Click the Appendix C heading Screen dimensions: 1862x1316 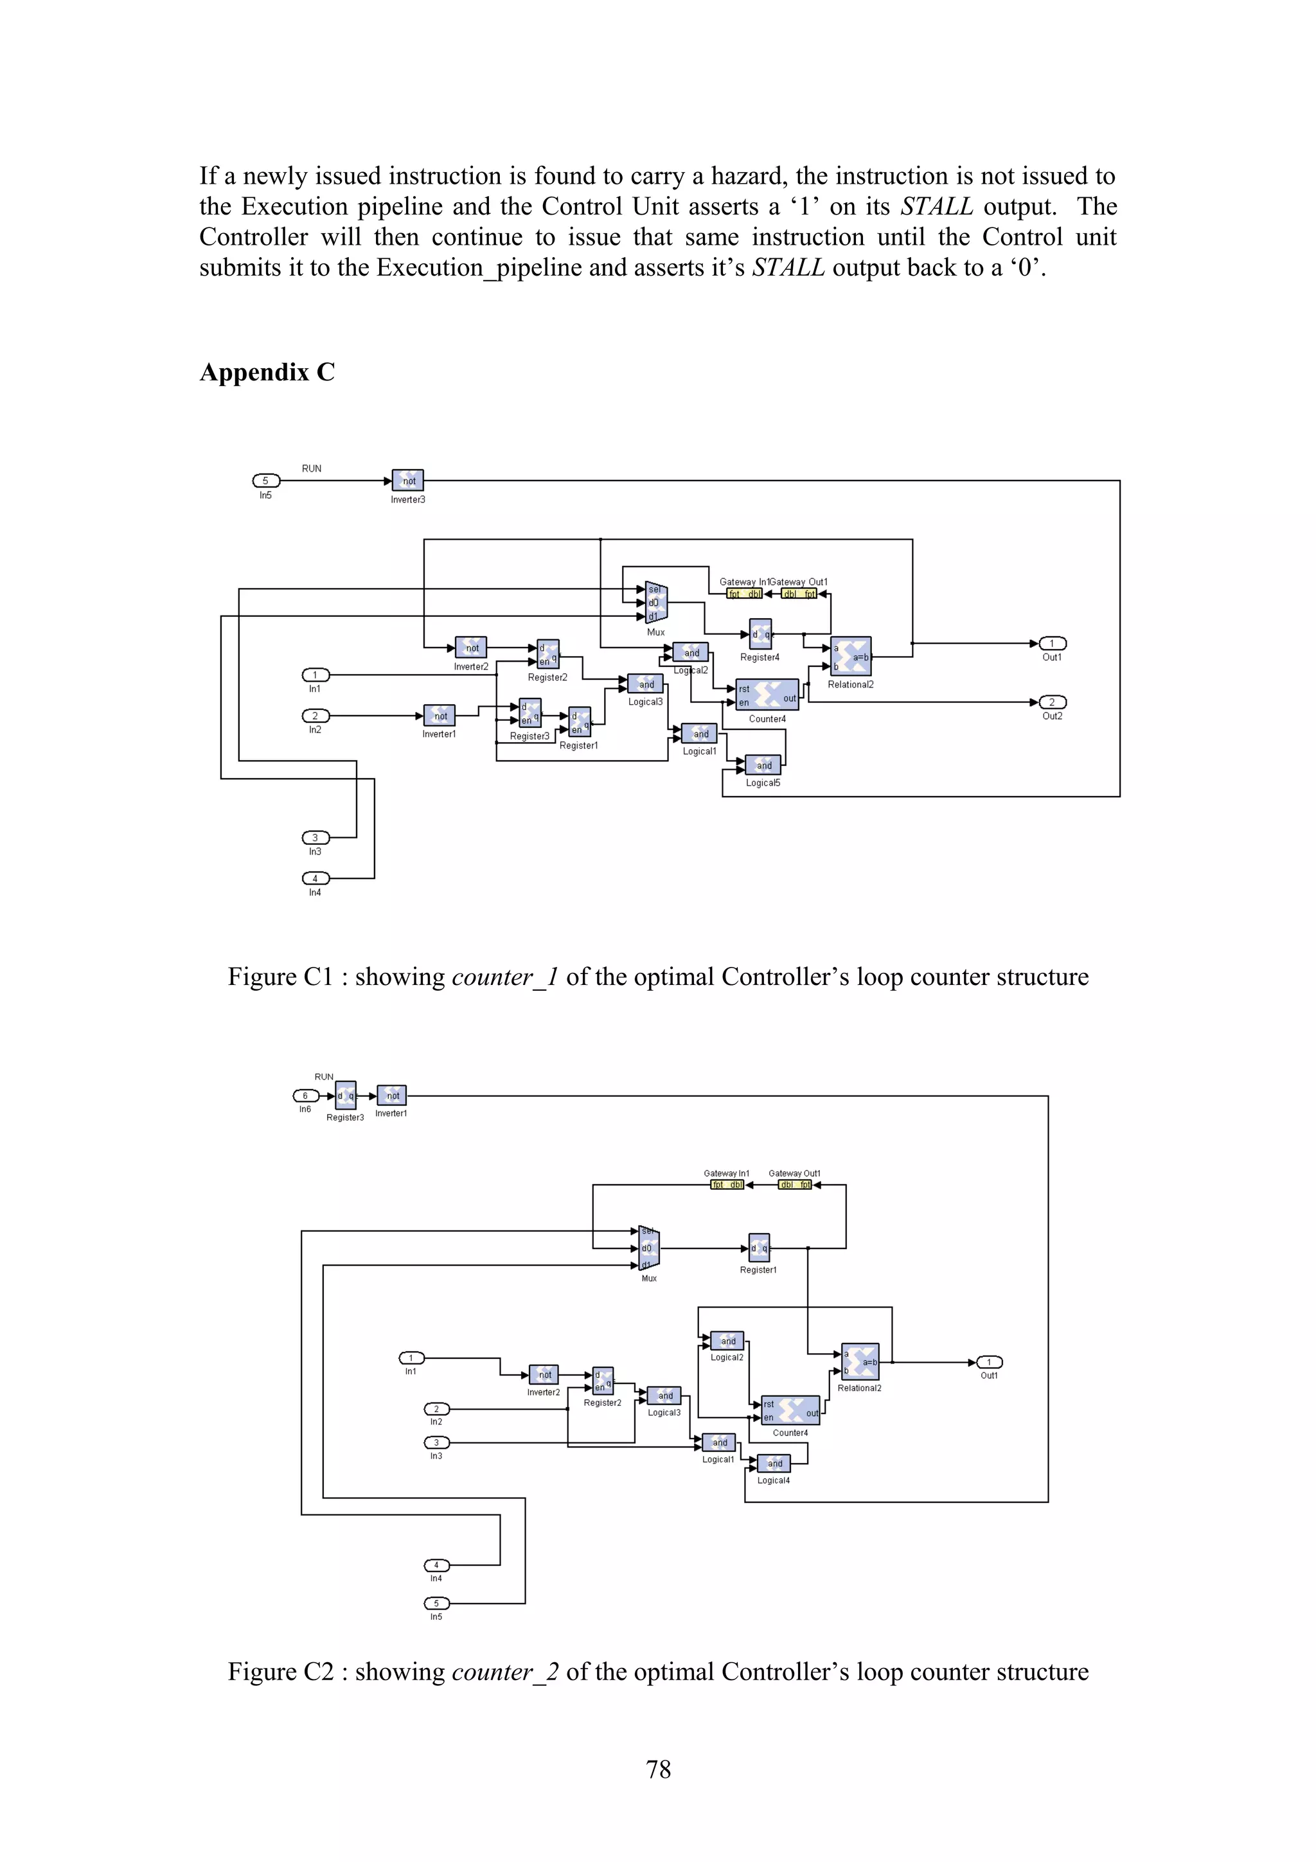(x=267, y=372)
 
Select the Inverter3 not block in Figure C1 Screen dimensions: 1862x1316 (x=408, y=481)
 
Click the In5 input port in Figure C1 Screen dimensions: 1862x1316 (x=266, y=481)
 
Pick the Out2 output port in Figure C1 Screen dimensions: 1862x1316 (x=1053, y=702)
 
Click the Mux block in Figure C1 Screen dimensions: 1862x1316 (x=655, y=603)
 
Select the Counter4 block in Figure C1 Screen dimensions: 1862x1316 (x=766, y=694)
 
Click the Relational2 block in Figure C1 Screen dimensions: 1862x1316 (x=851, y=657)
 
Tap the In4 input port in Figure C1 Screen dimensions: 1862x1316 (x=316, y=878)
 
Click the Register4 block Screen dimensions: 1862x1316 (x=760, y=635)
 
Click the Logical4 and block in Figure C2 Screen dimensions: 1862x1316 (x=774, y=1463)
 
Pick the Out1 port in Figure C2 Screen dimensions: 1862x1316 (x=988, y=1362)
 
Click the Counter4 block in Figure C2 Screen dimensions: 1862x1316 (x=790, y=1410)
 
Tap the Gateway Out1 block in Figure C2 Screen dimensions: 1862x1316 (x=795, y=1185)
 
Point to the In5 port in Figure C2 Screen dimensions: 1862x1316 (x=436, y=1603)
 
